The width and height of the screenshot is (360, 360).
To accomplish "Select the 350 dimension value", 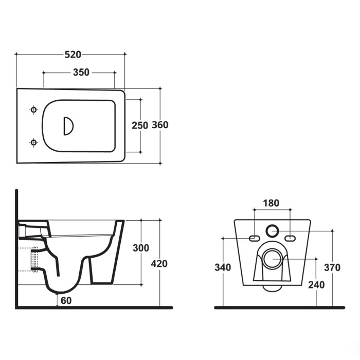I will tap(81, 73).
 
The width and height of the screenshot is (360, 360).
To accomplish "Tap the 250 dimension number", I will tap(139, 125).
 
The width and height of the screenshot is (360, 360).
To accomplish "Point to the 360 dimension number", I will tap(160, 125).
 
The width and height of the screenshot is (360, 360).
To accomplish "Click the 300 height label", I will tap(140, 248).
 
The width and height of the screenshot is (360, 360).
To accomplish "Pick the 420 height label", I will tap(159, 264).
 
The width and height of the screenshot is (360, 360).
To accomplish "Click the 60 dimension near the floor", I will tap(66, 301).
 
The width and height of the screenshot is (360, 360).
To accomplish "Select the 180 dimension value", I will tap(271, 203).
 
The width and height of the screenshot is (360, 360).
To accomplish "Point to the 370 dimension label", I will tap(332, 267).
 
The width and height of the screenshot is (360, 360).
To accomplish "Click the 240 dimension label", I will tap(316, 285).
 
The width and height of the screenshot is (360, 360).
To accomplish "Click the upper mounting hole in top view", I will tap(34, 110).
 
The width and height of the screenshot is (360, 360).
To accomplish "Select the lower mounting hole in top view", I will tap(34, 142).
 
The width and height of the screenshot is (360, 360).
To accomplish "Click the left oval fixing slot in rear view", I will tap(254, 238).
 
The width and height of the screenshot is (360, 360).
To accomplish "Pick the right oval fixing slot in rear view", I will tap(290, 238).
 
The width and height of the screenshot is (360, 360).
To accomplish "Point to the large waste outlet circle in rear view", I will tap(272, 260).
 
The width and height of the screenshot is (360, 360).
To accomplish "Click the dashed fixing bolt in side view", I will tap(34, 260).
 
